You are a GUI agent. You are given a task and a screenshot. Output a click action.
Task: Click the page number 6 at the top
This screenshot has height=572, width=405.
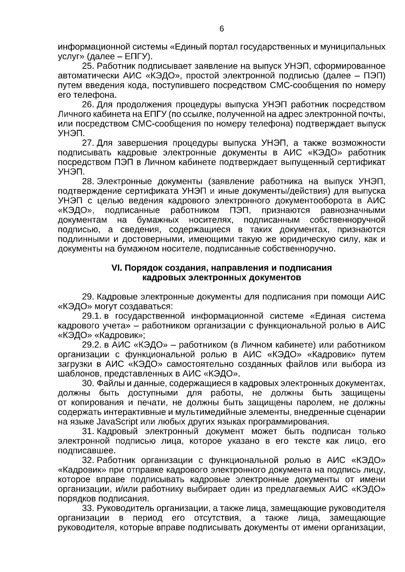221,29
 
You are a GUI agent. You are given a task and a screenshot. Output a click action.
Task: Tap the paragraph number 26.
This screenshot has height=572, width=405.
88,104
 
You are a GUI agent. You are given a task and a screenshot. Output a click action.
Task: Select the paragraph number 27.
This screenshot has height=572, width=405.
88,143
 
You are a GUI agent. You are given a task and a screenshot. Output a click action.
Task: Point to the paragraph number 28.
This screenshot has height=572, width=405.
88,182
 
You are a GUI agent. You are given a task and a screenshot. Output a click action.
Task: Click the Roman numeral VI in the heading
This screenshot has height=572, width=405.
116,268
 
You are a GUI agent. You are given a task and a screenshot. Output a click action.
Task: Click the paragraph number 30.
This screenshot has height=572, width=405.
88,383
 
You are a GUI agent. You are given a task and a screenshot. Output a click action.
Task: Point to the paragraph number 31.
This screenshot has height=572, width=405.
88,431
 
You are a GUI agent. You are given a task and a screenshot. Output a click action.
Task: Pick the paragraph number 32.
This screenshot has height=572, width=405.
88,460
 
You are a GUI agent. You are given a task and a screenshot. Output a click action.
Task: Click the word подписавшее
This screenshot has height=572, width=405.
86,451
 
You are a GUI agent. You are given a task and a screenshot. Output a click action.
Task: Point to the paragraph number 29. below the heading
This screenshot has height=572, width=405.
88,297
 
